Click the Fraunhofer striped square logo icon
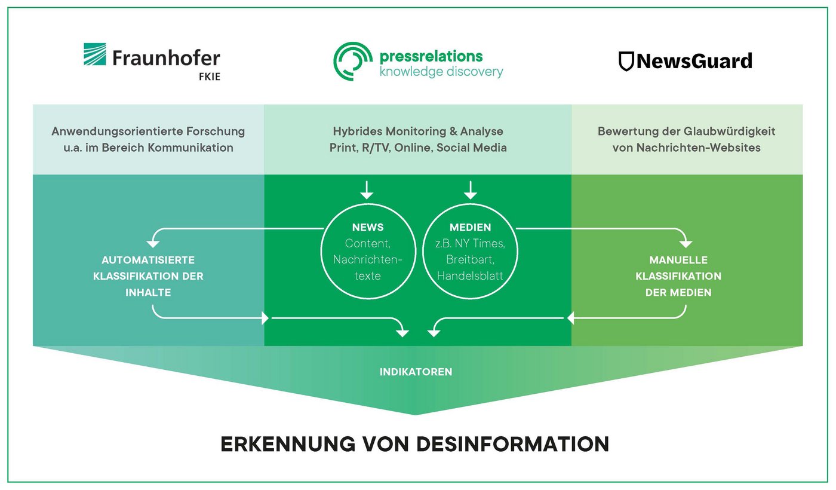95,54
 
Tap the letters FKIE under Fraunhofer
210,76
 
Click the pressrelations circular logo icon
353,61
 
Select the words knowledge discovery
441,72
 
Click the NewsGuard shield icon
626,61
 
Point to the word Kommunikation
190,148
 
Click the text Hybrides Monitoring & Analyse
418,131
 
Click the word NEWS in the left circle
368,227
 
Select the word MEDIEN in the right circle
471,227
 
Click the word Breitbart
470,259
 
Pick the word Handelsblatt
470,275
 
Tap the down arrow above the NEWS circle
367,190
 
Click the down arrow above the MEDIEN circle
471,190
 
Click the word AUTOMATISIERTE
148,260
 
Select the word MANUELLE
678,260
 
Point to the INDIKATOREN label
416,372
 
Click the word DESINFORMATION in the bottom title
512,444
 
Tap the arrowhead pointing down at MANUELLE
686,244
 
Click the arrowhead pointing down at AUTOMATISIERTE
153,244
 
